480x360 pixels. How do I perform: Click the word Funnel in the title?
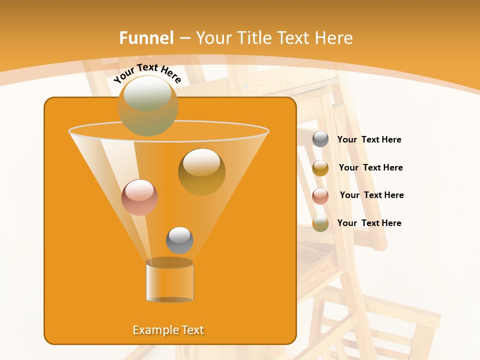(x=146, y=38)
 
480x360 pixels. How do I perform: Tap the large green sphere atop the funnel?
(x=147, y=105)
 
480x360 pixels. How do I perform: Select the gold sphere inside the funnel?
(x=201, y=171)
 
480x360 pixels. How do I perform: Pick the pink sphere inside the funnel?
(x=139, y=197)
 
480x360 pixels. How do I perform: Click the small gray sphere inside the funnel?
(x=179, y=240)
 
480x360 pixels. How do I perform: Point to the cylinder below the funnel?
(x=169, y=280)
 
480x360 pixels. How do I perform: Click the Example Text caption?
(x=168, y=330)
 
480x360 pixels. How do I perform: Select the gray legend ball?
(x=320, y=139)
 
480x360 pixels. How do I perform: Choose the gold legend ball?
(x=320, y=168)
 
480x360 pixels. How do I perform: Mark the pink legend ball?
(x=320, y=196)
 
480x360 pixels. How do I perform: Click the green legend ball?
(x=320, y=223)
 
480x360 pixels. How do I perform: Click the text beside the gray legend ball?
(x=369, y=140)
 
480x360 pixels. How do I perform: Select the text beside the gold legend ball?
(x=370, y=167)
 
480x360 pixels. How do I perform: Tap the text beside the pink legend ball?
(x=371, y=195)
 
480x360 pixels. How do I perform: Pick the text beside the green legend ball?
(x=369, y=223)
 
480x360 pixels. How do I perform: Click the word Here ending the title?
(x=334, y=38)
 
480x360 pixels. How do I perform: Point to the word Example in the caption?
(x=153, y=330)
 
